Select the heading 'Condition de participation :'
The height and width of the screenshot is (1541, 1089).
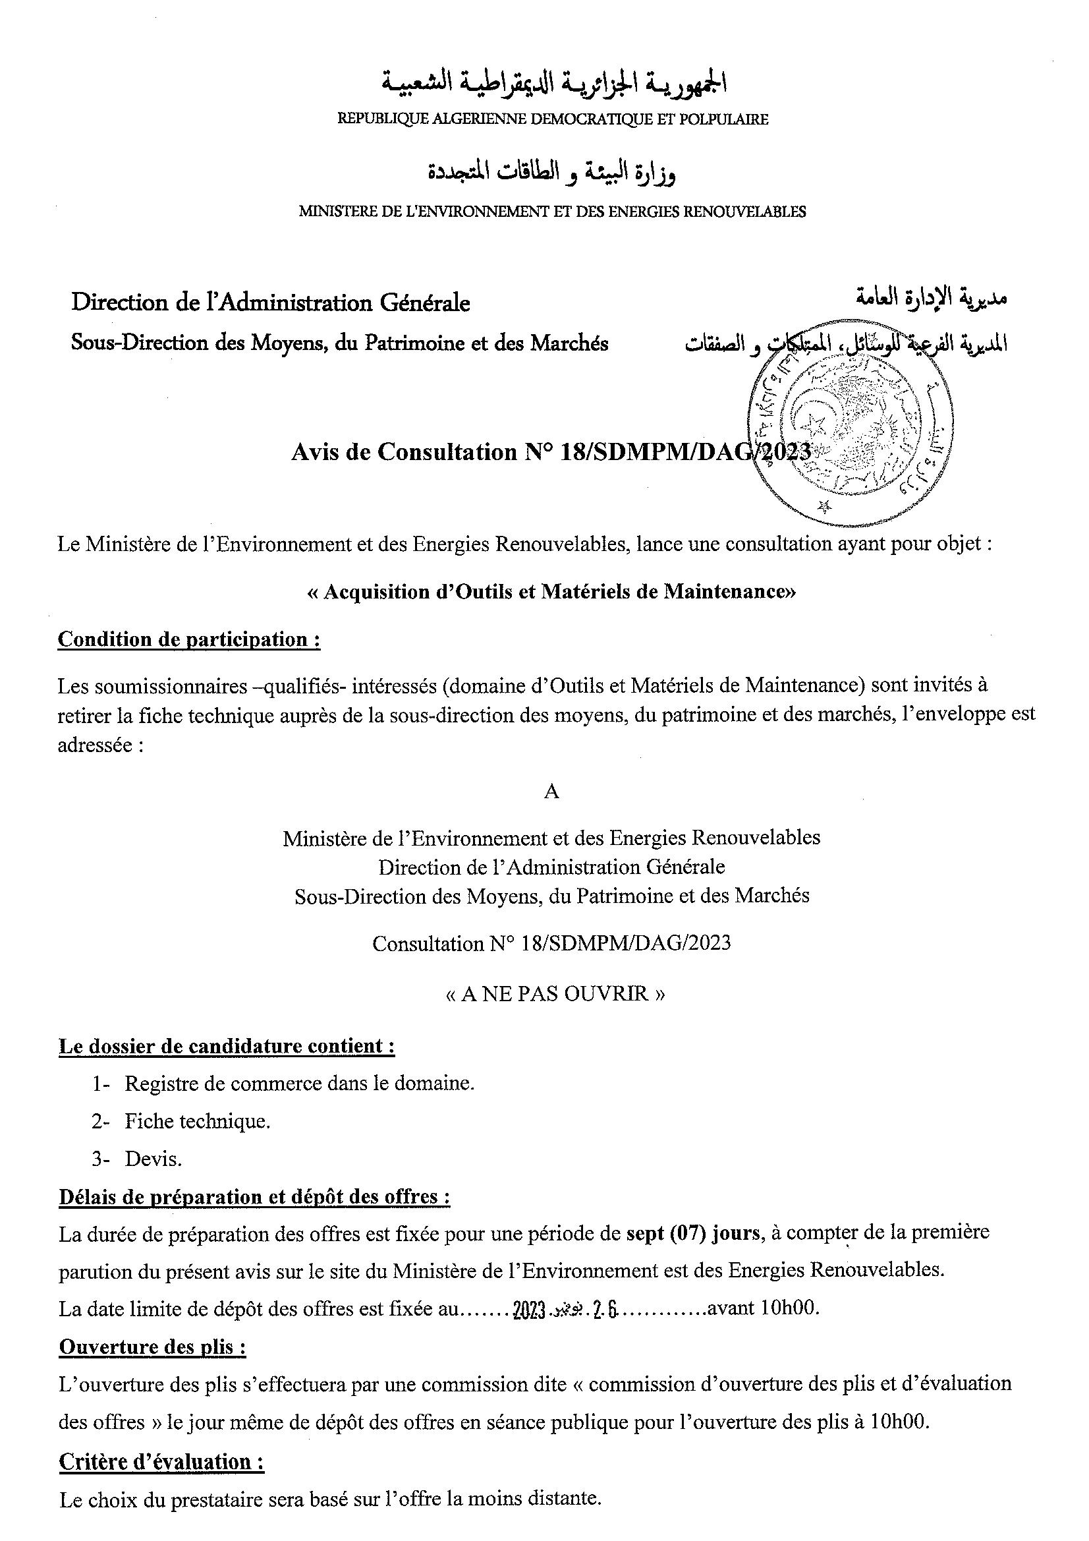[x=188, y=639]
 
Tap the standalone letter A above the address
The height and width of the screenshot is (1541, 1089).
[x=551, y=792]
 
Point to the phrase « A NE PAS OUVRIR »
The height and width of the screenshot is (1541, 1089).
[x=555, y=993]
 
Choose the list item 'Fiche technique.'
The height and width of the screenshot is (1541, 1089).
[x=197, y=1122]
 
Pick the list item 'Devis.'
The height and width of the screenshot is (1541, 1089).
[x=153, y=1159]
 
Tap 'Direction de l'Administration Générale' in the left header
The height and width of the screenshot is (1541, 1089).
[x=270, y=303]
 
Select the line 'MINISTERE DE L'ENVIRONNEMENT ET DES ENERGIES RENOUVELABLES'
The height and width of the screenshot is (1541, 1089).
[x=551, y=212]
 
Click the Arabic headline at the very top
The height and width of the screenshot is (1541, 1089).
[x=555, y=82]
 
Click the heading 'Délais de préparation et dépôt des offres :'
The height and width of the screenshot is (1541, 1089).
[x=254, y=1197]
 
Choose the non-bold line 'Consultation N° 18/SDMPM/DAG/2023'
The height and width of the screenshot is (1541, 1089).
[x=551, y=945]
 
